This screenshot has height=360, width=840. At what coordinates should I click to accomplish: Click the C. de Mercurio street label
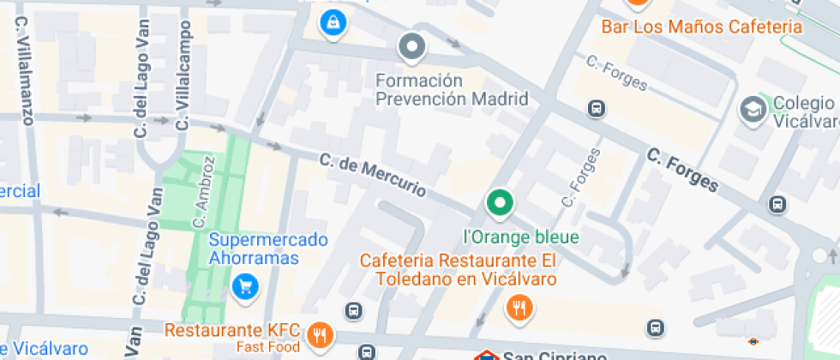372,174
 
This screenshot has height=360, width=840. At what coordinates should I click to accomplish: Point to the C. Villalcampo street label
182,78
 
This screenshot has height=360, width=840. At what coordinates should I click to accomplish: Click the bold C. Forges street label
682,170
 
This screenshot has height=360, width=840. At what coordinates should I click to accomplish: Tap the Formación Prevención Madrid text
452,89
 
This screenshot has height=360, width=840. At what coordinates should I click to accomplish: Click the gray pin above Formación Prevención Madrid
413,47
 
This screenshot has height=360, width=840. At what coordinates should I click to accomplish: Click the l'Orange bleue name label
521,237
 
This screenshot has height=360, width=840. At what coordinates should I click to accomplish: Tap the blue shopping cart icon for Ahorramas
246,286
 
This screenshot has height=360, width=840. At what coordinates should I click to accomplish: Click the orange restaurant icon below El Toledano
519,307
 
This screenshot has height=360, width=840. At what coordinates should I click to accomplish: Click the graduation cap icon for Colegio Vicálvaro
753,109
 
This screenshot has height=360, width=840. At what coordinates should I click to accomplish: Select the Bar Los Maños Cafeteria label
701,27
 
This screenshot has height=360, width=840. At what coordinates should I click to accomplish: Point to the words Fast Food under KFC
269,347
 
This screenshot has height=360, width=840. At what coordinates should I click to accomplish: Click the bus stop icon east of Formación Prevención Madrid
596,109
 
